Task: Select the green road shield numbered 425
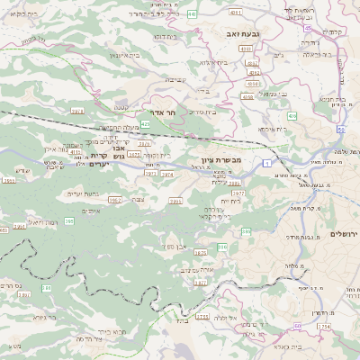[x=145, y=123]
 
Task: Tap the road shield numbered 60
[x=298, y=325]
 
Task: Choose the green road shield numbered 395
[x=69, y=220]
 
